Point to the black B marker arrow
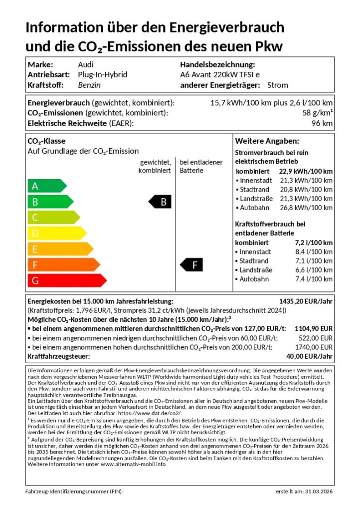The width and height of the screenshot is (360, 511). pyautogui.click(x=161, y=202)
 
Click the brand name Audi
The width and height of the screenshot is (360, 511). pyautogui.click(x=86, y=64)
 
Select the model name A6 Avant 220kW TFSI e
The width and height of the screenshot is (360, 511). pyautogui.click(x=220, y=75)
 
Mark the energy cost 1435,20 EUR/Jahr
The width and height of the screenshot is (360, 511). pyautogui.click(x=306, y=301)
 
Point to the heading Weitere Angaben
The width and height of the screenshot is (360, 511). pyautogui.click(x=267, y=141)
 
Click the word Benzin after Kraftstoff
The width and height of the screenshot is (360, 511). pyautogui.click(x=89, y=85)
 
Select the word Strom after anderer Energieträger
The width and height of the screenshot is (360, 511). pyautogui.click(x=278, y=85)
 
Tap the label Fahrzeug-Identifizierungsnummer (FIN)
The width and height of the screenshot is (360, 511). pyautogui.click(x=74, y=492)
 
